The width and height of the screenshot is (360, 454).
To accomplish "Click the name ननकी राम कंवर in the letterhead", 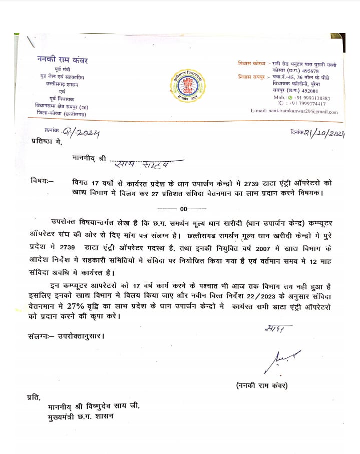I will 63,60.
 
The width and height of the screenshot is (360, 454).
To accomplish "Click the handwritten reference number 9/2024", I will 81,133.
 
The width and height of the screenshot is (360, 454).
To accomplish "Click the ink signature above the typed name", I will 282,358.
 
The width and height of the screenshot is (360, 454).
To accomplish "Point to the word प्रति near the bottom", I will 34,397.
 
